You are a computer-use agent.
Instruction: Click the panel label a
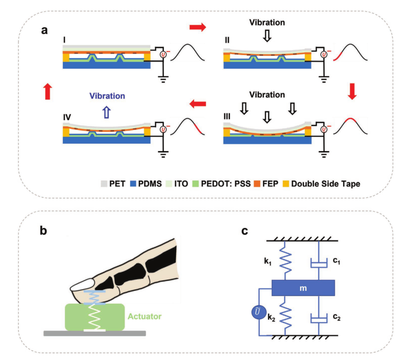(x=45, y=30)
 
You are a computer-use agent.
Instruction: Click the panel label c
(x=245, y=231)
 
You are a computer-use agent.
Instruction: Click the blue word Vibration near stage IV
(x=107, y=96)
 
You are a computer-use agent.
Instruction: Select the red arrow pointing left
(x=197, y=103)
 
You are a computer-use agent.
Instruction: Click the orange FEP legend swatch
(x=256, y=184)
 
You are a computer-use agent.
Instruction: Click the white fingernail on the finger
(x=83, y=285)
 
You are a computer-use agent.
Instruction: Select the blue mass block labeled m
(x=303, y=288)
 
